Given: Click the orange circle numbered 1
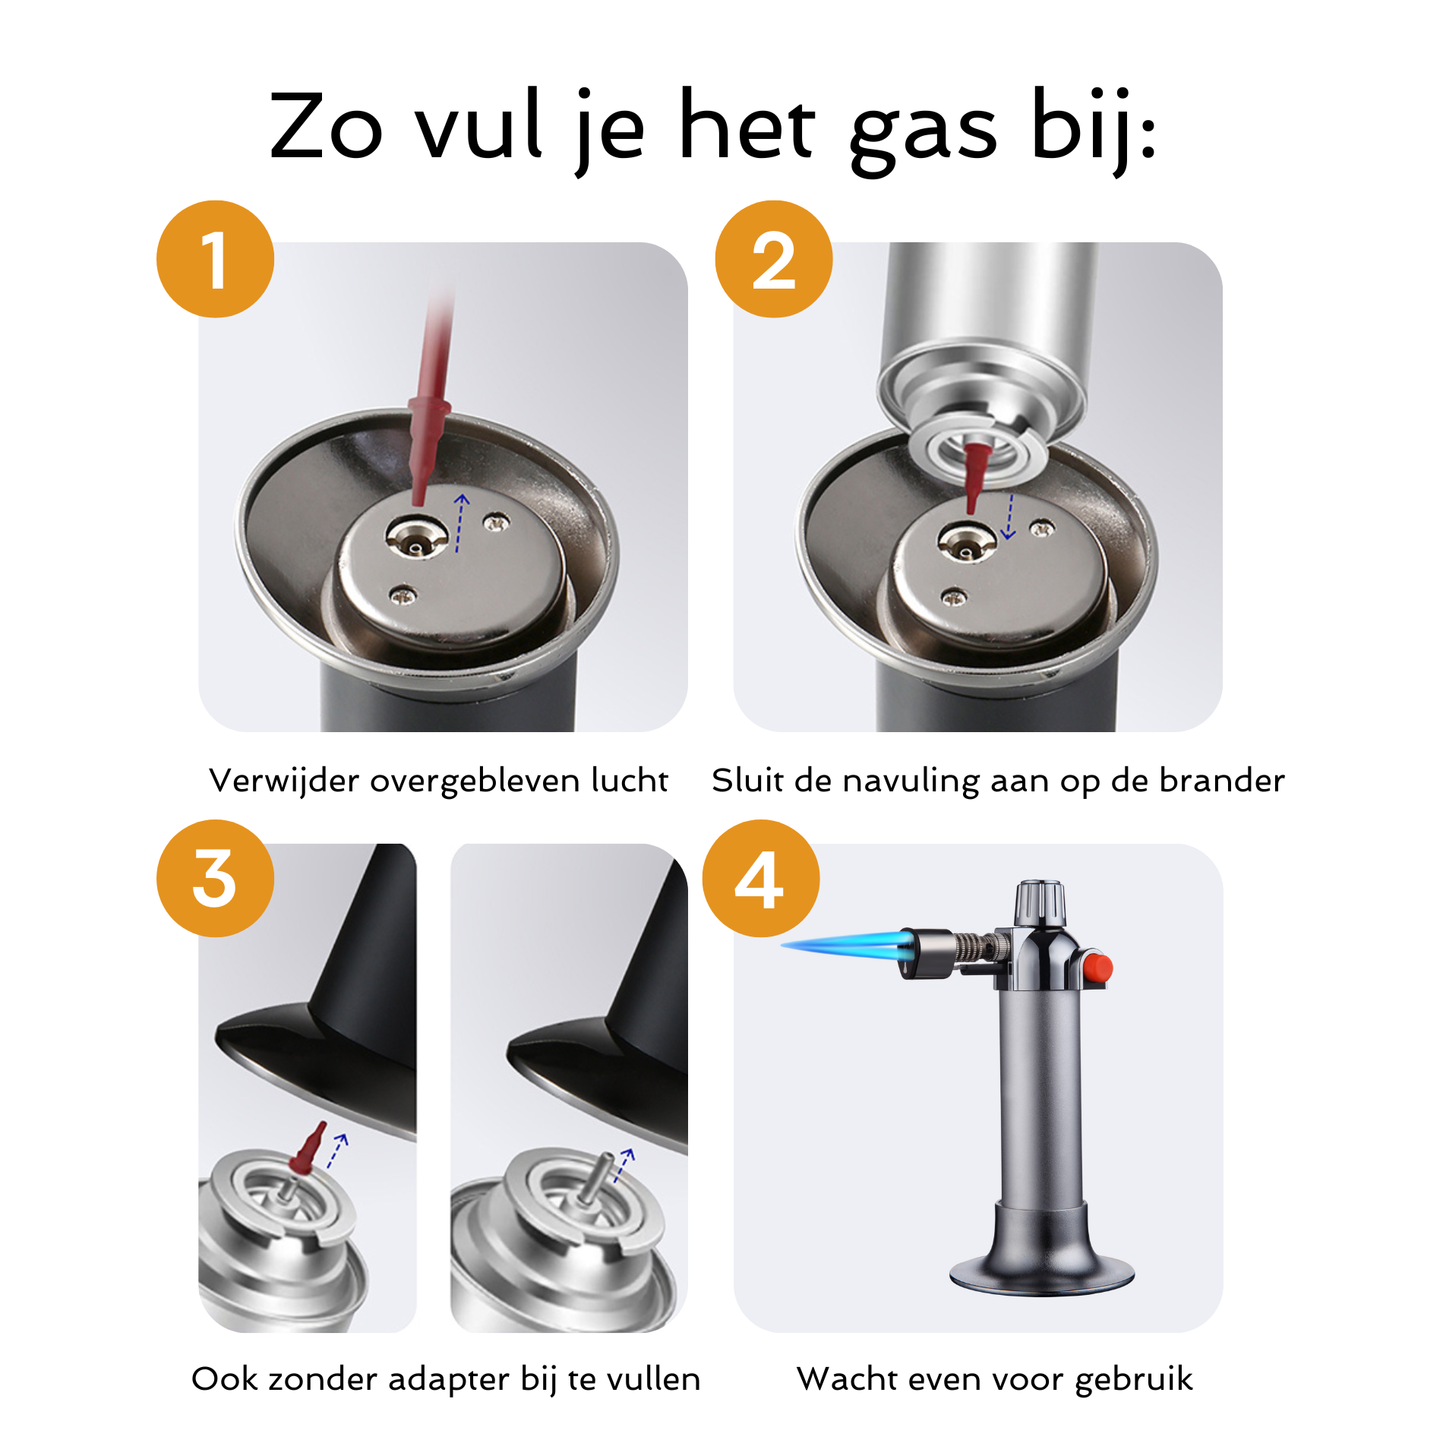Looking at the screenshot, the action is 215,259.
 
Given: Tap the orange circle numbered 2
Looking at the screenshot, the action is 774,259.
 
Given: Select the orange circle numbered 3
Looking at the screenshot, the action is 215,878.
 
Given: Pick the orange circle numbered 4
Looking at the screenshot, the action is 761,878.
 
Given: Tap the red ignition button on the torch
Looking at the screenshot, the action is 1097,968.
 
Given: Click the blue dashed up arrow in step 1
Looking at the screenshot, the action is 460,523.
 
